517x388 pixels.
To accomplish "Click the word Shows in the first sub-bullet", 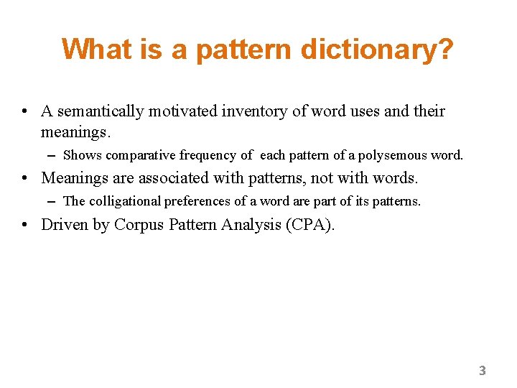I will [x=83, y=155].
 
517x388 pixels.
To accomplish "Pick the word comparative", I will [x=141, y=155].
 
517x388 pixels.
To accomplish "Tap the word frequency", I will [x=208, y=155].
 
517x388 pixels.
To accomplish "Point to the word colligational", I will [x=124, y=201].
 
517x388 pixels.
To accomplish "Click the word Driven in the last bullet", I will [x=65, y=225].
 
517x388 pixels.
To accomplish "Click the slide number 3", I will [x=483, y=371].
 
